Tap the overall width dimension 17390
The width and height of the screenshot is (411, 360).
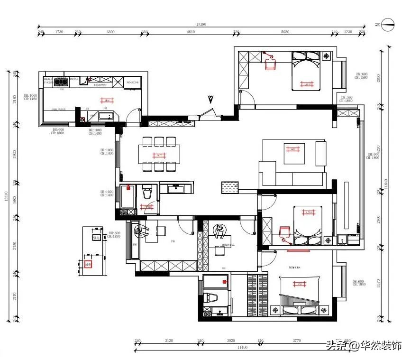coord(201,24)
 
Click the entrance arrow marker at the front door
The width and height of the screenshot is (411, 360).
coord(210,99)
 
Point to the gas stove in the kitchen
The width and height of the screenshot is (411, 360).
coord(60,82)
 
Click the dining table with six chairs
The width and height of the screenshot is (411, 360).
coord(159,154)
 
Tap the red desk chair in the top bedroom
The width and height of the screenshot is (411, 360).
coord(271,64)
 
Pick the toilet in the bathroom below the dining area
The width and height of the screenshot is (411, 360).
coord(146,193)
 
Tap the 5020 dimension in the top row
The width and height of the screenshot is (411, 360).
coord(285,32)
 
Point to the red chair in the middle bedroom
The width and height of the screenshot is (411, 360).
coord(284,231)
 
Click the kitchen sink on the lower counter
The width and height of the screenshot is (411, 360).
coord(103,115)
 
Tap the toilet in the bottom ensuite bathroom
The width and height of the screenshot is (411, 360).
coord(212,298)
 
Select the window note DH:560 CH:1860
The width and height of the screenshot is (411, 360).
coord(347,99)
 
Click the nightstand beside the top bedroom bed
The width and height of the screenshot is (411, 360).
coord(327,56)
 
